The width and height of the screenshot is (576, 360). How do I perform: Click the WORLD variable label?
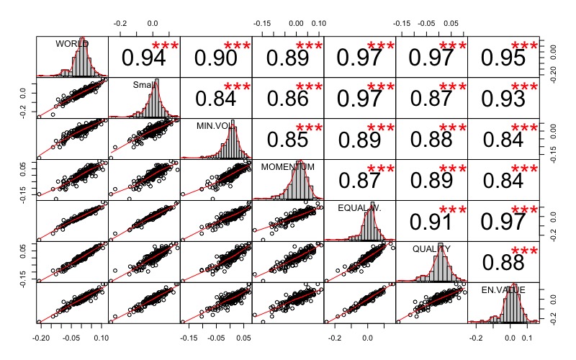coord(71,44)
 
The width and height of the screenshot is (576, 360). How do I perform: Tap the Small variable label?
coord(143,85)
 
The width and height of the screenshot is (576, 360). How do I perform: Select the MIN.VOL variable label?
coord(215,126)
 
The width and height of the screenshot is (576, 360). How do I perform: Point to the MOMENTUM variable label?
coord(287,167)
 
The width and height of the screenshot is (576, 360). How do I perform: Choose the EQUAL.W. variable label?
coord(359,208)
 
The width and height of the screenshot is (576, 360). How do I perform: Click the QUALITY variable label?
coord(431,249)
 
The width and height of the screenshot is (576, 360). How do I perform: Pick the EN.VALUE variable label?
coord(503,290)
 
